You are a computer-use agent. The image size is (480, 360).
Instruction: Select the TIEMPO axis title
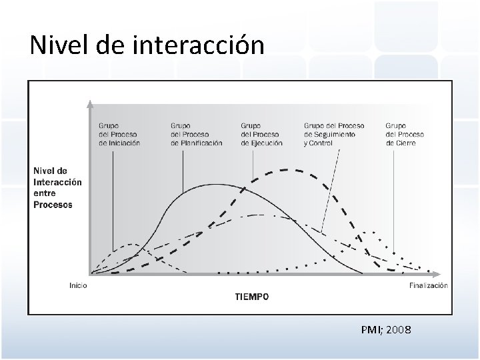252,297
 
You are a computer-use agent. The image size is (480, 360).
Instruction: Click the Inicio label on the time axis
79,285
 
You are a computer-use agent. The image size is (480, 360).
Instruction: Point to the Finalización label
428,285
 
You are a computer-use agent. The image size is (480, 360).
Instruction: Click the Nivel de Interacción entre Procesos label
57,188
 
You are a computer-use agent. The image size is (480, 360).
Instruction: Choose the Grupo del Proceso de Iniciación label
119,134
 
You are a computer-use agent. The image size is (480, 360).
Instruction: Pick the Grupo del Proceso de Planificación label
196,134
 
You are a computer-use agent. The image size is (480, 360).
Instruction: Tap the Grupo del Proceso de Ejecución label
261,134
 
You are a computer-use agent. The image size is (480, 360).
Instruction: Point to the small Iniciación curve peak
133,245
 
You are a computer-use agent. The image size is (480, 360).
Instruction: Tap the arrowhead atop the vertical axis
91,104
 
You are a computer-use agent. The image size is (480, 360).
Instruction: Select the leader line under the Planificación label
183,170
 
